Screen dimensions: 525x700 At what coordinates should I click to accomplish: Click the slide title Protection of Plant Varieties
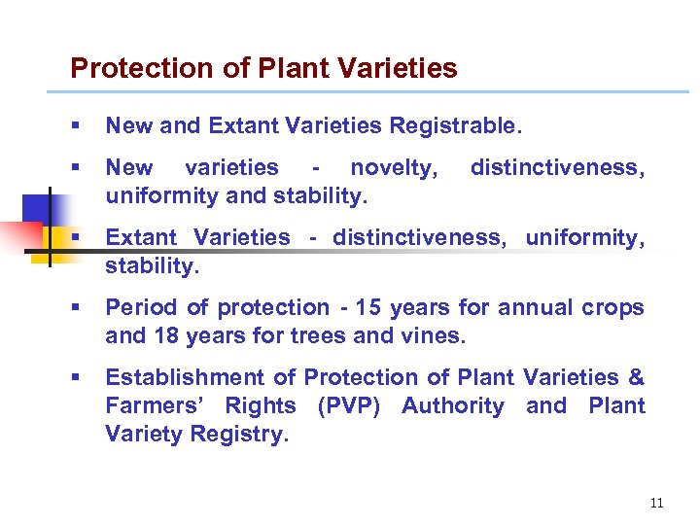(x=263, y=68)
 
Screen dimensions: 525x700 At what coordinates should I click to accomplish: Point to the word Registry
(x=240, y=435)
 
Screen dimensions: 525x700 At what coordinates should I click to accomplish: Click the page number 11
(x=656, y=503)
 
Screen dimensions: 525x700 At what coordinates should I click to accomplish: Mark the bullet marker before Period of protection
(x=76, y=308)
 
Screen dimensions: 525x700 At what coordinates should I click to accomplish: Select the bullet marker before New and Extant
(x=76, y=125)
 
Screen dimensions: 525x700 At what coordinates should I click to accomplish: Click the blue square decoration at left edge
(x=34, y=207)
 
